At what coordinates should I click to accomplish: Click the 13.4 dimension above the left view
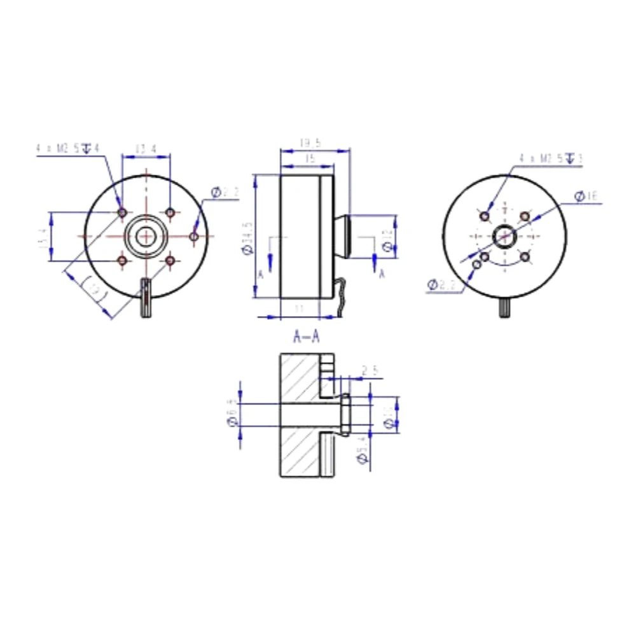[x=145, y=149]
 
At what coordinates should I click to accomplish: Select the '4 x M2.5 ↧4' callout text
[x=69, y=148]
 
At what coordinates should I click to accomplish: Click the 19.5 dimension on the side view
[x=310, y=144]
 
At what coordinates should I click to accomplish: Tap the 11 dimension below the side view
[x=300, y=308]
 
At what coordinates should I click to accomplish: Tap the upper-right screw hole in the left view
[x=170, y=212]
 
